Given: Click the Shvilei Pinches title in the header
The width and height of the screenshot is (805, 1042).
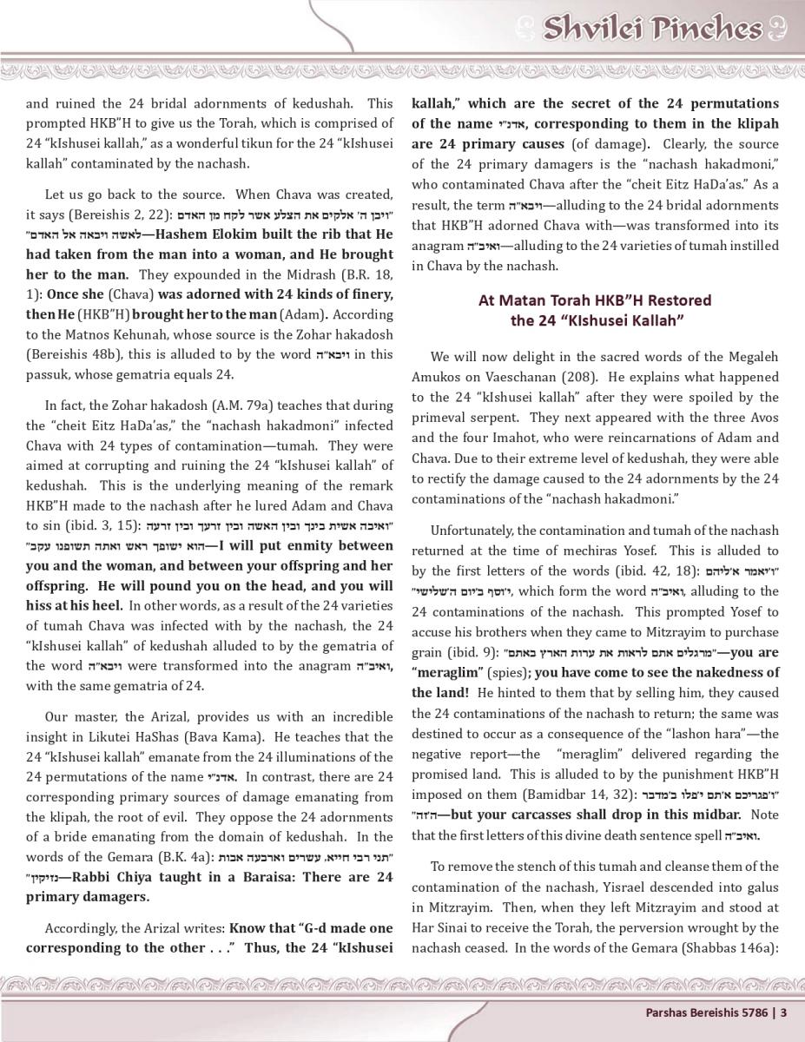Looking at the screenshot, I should point(651,29).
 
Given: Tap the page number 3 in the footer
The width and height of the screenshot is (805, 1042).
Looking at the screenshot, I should point(783,1011).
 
